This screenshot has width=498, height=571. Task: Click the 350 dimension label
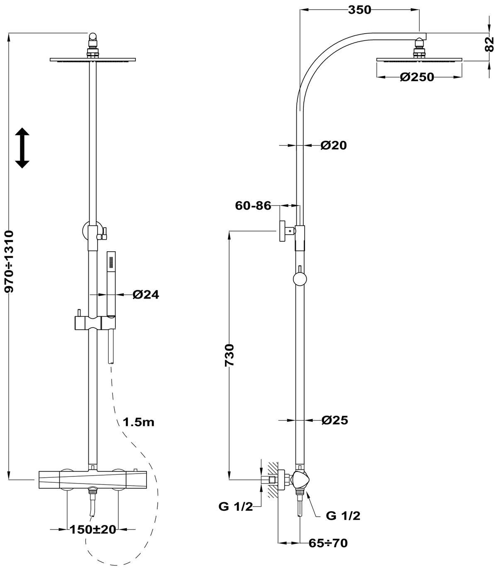tap(359, 10)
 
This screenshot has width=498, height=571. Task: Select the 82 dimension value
tap(490, 42)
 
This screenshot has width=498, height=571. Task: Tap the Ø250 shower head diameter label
tap(417, 77)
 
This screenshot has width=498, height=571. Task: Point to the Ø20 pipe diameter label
tap(333, 145)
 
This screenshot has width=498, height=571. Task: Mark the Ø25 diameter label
tap(334, 420)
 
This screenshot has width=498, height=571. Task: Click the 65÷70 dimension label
tap(328, 542)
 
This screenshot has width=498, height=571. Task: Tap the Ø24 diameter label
tap(146, 294)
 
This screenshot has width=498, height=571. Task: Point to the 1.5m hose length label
tap(139, 422)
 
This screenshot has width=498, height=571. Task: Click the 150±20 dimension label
tap(93, 529)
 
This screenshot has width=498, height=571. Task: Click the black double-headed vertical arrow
tap(22, 148)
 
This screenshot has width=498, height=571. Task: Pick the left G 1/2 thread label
tap(235, 507)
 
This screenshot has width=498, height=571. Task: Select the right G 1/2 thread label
tap(343, 516)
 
